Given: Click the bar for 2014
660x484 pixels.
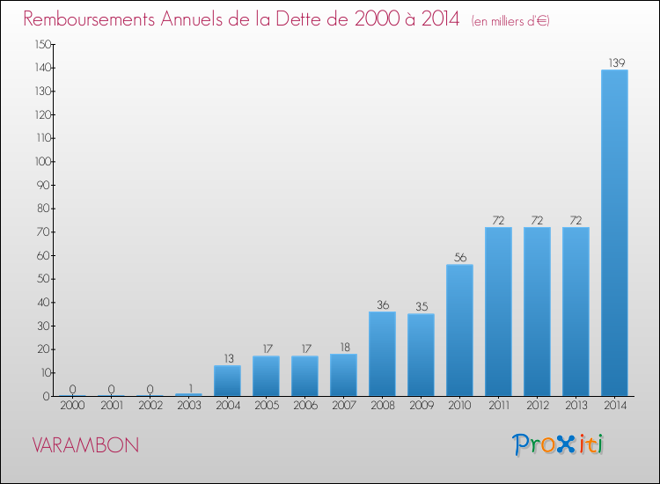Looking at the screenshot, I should click(x=614, y=233).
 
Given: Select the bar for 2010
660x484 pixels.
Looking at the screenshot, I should click(x=459, y=330).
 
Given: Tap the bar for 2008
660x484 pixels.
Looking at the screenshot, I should click(x=382, y=354).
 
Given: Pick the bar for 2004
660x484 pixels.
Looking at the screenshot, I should click(x=227, y=380).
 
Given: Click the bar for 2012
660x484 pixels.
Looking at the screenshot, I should click(x=537, y=312).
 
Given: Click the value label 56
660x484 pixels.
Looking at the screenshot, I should click(x=459, y=257).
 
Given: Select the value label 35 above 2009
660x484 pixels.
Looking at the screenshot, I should click(x=421, y=306).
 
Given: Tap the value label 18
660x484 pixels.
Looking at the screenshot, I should click(x=343, y=347).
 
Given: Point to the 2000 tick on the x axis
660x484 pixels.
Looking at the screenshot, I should click(x=72, y=407).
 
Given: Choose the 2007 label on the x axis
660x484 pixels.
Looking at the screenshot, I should click(x=343, y=407).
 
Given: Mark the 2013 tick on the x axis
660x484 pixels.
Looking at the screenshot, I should click(x=576, y=407).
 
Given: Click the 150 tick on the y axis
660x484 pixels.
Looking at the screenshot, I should click(x=41, y=44).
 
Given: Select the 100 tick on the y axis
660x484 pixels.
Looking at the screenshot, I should click(x=41, y=162).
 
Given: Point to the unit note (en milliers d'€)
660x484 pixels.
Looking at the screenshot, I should click(x=510, y=21).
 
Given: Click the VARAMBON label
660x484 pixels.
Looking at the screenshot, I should click(x=84, y=445).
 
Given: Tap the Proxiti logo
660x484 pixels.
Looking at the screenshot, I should click(x=558, y=444).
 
